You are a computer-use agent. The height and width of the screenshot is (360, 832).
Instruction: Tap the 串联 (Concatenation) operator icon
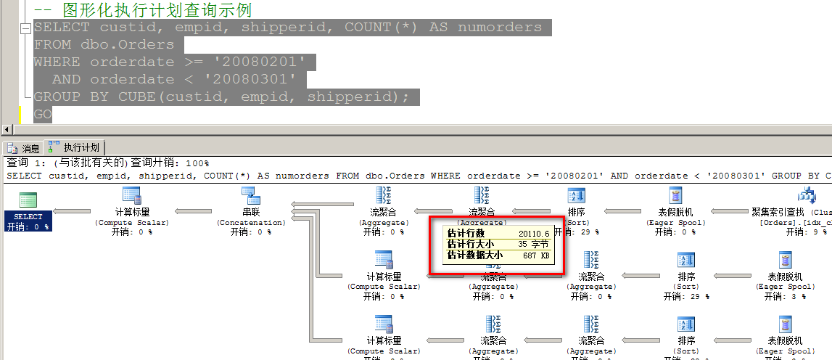[251, 195]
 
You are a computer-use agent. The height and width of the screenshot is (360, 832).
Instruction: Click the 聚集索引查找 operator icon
[807, 195]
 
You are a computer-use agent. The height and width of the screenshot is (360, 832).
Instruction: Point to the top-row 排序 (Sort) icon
[577, 195]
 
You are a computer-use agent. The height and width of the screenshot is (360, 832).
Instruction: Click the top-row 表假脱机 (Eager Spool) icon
[675, 195]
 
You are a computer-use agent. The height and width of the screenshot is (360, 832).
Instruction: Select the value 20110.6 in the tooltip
[533, 233]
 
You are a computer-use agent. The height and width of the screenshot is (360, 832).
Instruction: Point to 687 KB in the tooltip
[536, 255]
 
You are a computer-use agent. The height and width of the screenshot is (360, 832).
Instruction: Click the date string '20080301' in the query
[251, 79]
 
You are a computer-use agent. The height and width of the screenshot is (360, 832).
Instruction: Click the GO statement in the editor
[43, 114]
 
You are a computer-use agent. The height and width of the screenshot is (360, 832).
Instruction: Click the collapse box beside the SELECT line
[25, 28]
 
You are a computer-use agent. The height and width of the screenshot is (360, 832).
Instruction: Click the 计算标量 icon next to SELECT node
[132, 195]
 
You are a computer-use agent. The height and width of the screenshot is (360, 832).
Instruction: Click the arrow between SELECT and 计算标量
[73, 211]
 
